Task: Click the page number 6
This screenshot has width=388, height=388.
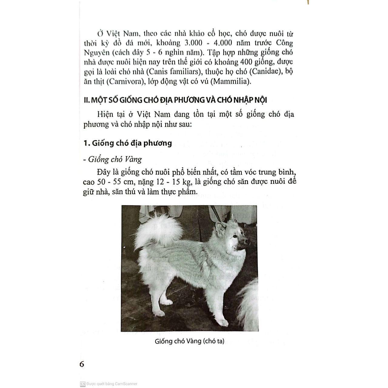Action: (82, 364)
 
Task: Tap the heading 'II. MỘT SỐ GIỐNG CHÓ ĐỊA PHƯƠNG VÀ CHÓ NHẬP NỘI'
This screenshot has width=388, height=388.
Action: (175, 100)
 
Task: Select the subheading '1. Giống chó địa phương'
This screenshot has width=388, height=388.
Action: (128, 143)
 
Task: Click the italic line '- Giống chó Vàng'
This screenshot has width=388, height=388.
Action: (112, 159)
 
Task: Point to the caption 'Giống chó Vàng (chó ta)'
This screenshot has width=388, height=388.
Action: (189, 341)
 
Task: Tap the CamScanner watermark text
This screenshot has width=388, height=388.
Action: (112, 384)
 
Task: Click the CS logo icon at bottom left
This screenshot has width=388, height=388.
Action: (82, 384)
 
